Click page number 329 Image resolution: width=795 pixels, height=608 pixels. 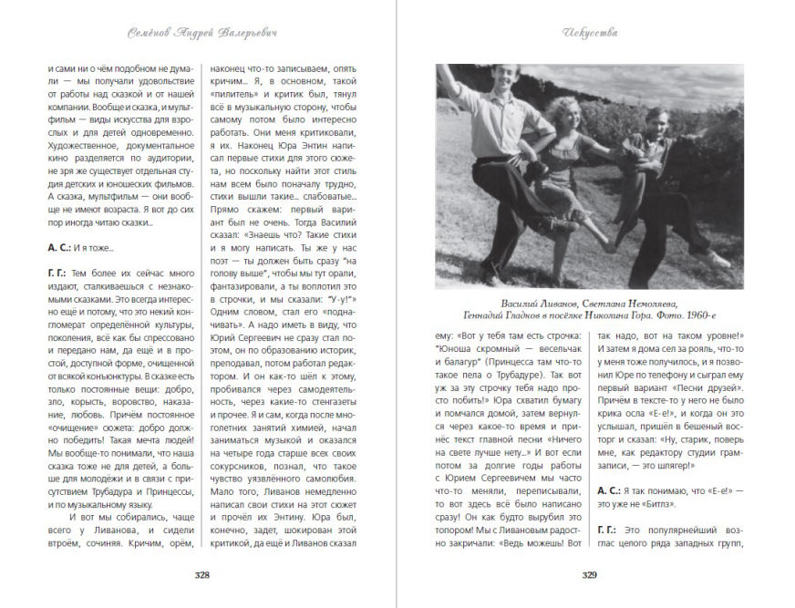point(590,575)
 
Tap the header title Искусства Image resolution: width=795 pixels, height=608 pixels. point(590,33)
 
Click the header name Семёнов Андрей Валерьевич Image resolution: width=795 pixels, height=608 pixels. point(202,33)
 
